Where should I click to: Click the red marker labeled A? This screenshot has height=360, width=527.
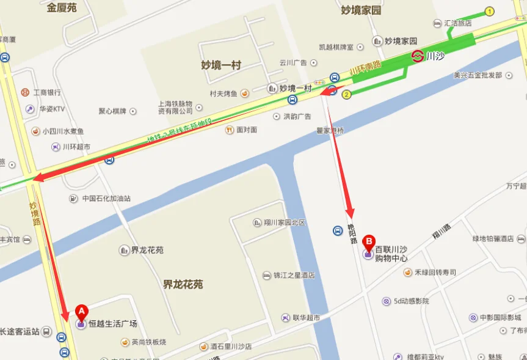pos(81,311)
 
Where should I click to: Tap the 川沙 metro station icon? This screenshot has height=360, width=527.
pos(418,56)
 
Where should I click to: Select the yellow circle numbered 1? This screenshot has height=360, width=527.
pos(489,11)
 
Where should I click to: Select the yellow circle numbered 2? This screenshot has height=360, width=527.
pos(346,94)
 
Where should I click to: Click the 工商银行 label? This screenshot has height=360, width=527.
pos(47,92)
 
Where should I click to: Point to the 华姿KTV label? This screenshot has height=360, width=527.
pos(52,109)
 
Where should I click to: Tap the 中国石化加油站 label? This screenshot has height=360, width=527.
pos(106,198)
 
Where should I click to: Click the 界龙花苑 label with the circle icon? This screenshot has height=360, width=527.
pos(147,250)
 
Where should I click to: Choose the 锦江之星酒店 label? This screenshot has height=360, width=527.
pos(294,276)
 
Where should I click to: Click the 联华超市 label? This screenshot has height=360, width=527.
pos(307,318)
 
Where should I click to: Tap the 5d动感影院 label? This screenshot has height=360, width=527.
pos(411,301)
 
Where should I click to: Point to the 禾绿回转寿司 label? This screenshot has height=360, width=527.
pos(435,272)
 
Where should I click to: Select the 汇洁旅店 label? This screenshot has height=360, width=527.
pos(457,23)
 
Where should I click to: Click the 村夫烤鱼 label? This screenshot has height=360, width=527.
pos(224,94)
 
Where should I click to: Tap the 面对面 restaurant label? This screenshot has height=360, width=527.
pos(246,130)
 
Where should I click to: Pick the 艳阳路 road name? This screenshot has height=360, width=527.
pos(352,235)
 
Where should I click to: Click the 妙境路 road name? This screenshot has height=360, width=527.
pos(35,213)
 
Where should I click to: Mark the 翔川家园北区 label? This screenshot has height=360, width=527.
pos(284,222)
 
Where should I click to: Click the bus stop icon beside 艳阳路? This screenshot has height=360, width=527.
pos(338,230)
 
